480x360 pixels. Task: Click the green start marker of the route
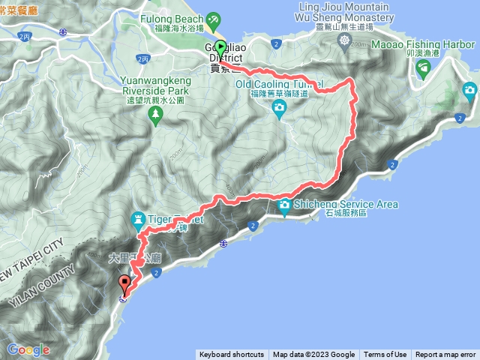(x=220, y=46)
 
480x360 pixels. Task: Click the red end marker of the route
(x=124, y=283)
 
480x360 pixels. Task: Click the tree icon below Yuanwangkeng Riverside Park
(x=156, y=113)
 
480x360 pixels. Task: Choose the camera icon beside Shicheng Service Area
(x=285, y=205)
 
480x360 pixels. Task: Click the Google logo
(x=28, y=349)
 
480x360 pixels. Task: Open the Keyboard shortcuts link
(x=231, y=355)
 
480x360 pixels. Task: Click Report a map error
(x=445, y=355)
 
